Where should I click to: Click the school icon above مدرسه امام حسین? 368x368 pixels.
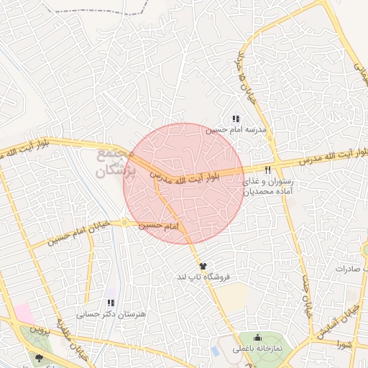tap(235, 119)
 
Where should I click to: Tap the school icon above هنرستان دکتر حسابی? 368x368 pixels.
tap(111, 303)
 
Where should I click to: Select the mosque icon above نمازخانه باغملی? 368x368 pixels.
tap(258, 337)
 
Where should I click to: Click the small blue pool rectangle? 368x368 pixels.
tap(215, 351)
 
